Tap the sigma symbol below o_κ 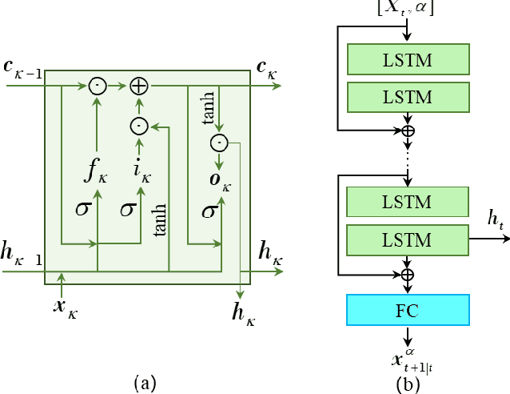(209, 211)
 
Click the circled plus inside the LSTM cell (139, 86)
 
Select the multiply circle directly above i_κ (139, 126)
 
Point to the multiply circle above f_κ (98, 86)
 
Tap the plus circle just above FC (408, 275)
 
